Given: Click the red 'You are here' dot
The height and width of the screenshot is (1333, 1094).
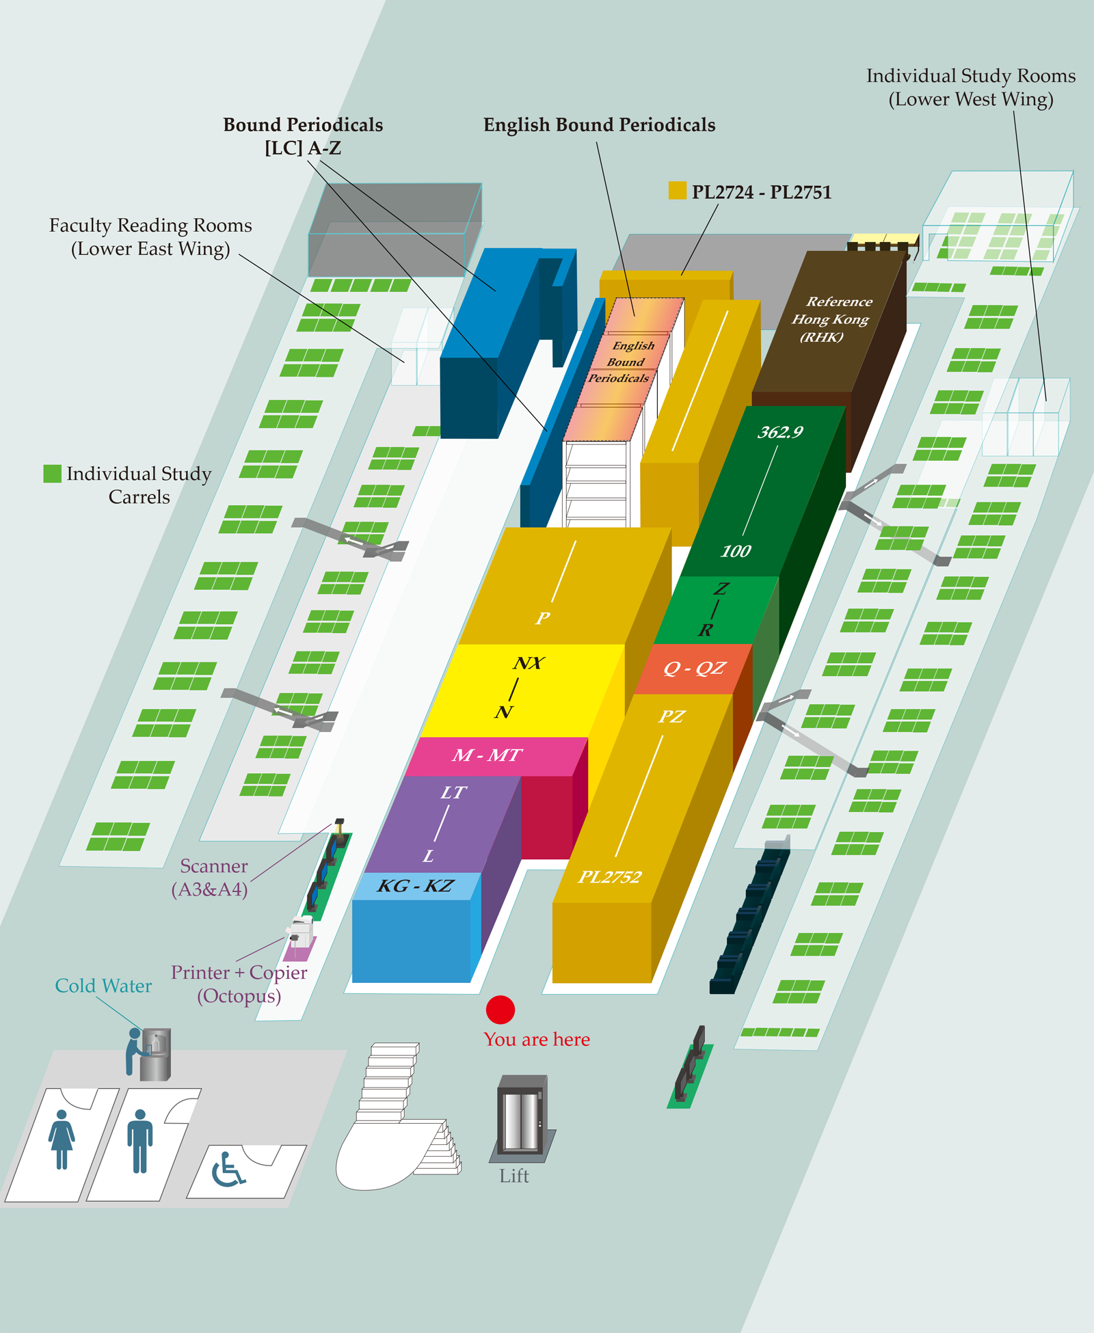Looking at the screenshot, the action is click(x=501, y=1010).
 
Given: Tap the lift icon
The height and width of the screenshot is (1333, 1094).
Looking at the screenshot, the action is click(x=522, y=1119).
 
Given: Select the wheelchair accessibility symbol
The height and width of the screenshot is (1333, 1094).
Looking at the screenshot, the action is click(x=228, y=1170).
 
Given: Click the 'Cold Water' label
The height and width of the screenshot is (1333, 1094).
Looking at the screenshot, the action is click(x=103, y=986).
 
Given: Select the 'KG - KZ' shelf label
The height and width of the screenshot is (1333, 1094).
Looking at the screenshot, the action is click(x=415, y=886).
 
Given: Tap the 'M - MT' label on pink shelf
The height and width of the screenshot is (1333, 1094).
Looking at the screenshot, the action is click(x=487, y=755).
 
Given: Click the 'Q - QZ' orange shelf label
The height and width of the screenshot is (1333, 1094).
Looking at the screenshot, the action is click(x=694, y=668).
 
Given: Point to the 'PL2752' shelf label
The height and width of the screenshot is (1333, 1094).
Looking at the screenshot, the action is click(x=610, y=877).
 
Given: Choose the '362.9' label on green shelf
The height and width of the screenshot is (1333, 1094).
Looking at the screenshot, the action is click(x=780, y=432).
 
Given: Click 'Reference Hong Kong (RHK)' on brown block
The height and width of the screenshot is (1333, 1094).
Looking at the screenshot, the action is click(x=831, y=319).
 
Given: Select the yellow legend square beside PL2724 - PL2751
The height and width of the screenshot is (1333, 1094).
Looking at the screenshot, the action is click(x=677, y=191).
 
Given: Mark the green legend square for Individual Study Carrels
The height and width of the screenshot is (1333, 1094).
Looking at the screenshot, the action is click(x=52, y=474).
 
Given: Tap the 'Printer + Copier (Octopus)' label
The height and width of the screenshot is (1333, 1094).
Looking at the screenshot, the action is click(x=239, y=984).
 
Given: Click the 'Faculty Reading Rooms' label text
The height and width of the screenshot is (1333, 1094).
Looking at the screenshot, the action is click(x=150, y=226).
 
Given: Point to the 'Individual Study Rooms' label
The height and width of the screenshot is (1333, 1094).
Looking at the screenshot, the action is click(x=971, y=76).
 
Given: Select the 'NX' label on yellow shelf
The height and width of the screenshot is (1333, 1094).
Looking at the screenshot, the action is click(x=529, y=663).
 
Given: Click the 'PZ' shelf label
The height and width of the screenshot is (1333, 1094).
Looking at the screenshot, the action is click(x=671, y=716).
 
